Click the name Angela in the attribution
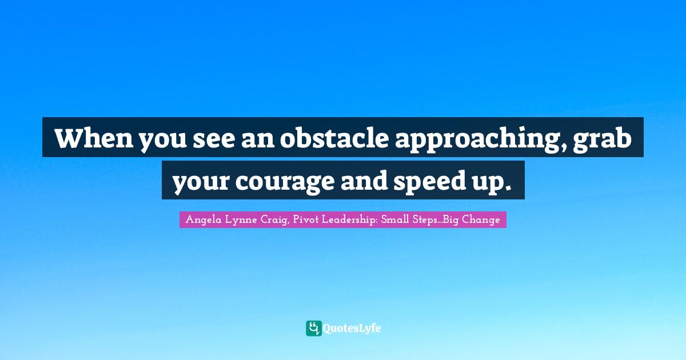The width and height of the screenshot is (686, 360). click(x=201, y=219)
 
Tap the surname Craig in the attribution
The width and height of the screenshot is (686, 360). click(x=269, y=219)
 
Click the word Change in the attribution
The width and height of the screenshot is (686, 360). click(x=482, y=219)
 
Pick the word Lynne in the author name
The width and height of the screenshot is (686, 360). click(x=237, y=219)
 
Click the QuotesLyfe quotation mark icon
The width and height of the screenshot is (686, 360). click(x=314, y=328)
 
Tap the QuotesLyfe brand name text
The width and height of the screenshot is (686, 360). click(x=352, y=329)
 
